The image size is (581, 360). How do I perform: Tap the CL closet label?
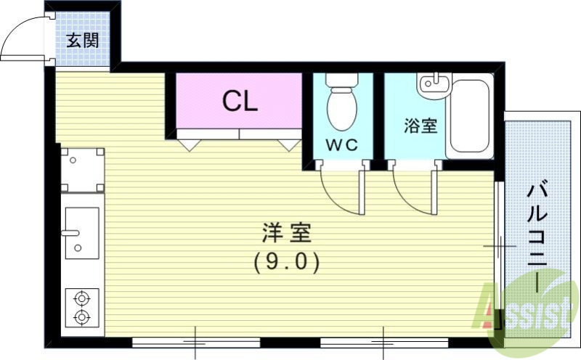(x=240, y=102)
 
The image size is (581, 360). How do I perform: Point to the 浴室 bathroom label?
(x=420, y=126)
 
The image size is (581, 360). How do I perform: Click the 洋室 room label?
(x=286, y=234)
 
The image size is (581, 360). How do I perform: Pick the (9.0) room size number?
(x=287, y=261)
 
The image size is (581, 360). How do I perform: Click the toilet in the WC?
(x=341, y=107)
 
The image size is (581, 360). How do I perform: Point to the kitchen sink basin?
(x=82, y=232)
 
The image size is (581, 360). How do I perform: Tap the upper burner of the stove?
(x=81, y=297)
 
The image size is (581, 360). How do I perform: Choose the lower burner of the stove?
(x=81, y=316)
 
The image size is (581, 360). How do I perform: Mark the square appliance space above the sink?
(x=81, y=170)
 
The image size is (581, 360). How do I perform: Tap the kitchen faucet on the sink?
(x=70, y=234)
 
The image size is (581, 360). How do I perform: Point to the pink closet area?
(x=240, y=100)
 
